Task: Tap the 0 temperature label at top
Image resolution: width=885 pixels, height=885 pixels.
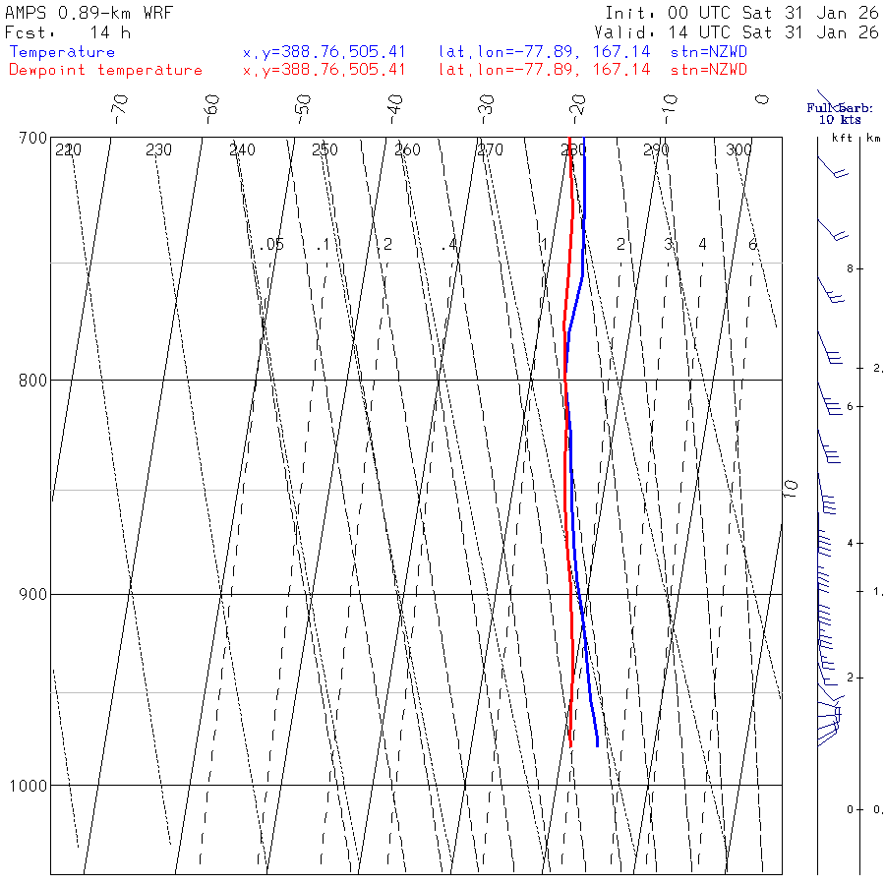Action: pos(761,99)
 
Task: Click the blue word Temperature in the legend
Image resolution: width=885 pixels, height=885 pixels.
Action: pos(62,52)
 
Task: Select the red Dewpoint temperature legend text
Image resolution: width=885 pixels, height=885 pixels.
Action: pos(105,70)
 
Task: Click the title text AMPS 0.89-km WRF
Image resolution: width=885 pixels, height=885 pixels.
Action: pos(88,13)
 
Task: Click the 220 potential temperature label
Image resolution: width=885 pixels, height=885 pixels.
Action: pos(68,150)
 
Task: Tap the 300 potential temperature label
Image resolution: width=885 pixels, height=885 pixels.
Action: pos(738,150)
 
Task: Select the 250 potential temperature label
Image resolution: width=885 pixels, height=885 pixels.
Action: pos(324,150)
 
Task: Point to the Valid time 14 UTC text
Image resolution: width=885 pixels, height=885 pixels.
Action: pos(708,32)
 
